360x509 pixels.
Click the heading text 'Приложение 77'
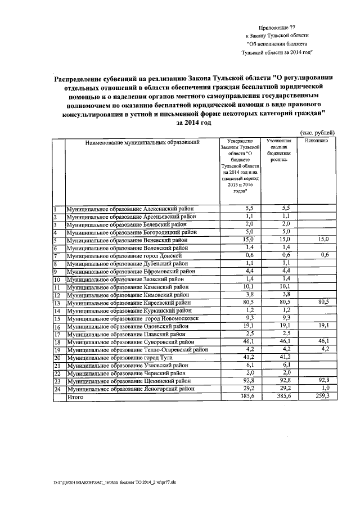(x=276, y=27)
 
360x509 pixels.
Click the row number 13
(x=57, y=303)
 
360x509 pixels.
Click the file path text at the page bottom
(x=107, y=483)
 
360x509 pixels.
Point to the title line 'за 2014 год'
(x=193, y=122)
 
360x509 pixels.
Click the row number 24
(x=57, y=389)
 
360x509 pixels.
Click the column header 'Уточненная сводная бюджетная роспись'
(x=279, y=150)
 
